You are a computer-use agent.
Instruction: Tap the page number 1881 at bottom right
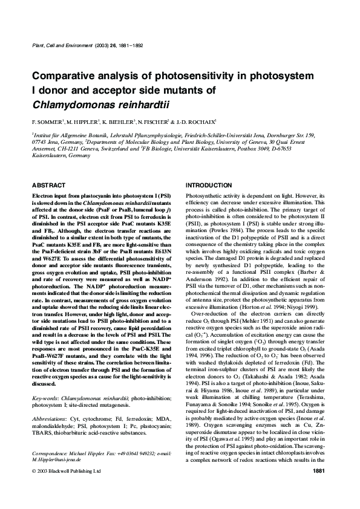coord(319,487)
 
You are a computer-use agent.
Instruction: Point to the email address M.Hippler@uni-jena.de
coord(53,475)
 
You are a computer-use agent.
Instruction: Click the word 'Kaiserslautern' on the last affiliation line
coord(50,155)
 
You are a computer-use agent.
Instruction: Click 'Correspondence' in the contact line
coord(51,469)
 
